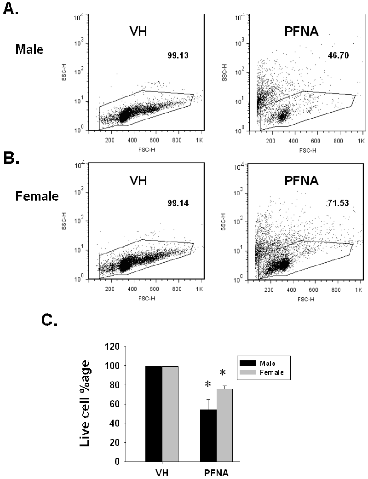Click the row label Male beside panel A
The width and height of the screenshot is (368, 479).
[29, 49]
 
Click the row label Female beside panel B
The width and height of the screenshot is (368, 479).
[36, 196]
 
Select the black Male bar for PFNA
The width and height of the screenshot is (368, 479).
[208, 435]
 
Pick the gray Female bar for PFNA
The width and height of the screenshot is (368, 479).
[224, 425]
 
